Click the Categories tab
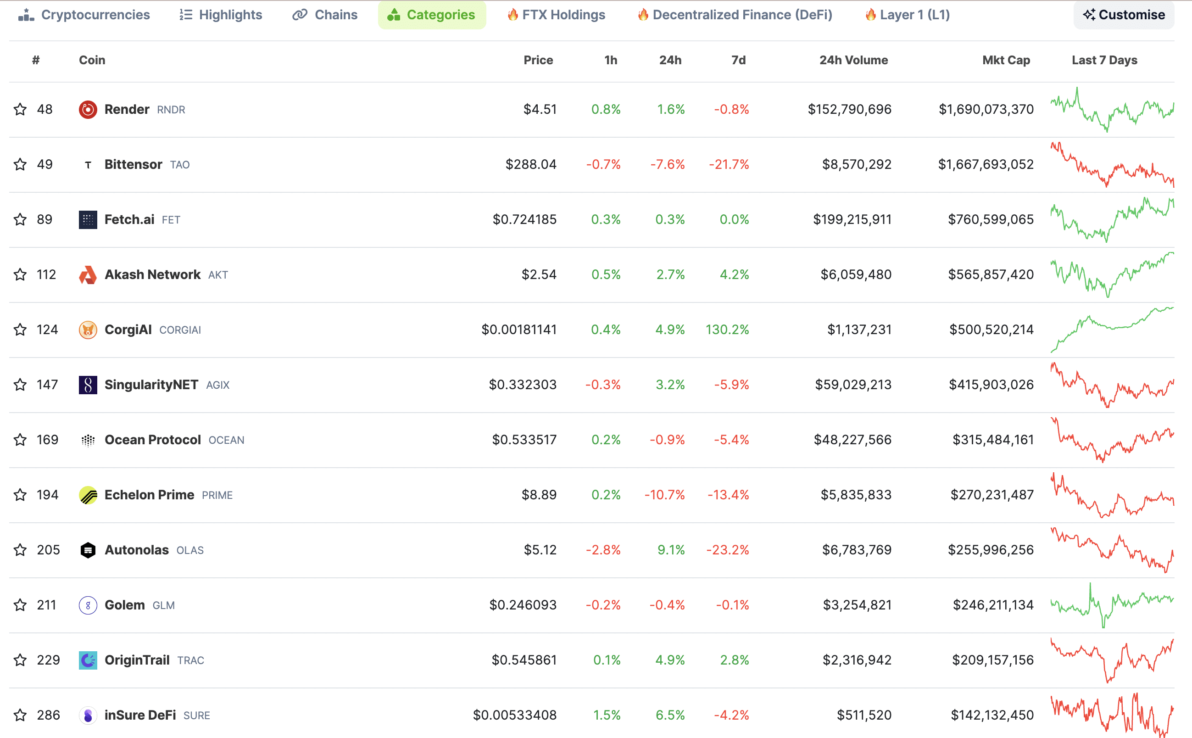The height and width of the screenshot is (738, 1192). pyautogui.click(x=431, y=15)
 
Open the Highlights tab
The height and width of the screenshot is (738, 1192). pyautogui.click(x=221, y=15)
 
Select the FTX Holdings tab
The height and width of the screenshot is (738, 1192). pyautogui.click(x=556, y=15)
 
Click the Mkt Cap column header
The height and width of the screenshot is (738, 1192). pyautogui.click(x=1006, y=60)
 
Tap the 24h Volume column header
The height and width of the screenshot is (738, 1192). pyautogui.click(x=853, y=60)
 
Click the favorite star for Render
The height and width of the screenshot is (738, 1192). pyautogui.click(x=20, y=109)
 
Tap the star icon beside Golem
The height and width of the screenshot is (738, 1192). pyautogui.click(x=20, y=605)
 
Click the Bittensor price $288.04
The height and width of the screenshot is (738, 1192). pyautogui.click(x=531, y=164)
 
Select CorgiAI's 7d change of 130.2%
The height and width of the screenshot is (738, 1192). pyautogui.click(x=727, y=330)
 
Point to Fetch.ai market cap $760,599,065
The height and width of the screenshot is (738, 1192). pyautogui.click(x=991, y=220)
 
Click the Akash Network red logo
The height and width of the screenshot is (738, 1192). pyautogui.click(x=88, y=275)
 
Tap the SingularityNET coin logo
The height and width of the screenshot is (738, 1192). pyautogui.click(x=88, y=385)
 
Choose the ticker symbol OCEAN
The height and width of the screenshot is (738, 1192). pyautogui.click(x=226, y=440)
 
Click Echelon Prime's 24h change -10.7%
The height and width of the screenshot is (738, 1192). pyautogui.click(x=664, y=495)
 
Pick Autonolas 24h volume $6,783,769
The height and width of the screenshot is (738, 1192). pyautogui.click(x=857, y=550)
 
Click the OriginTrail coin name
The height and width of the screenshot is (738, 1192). pyautogui.click(x=137, y=660)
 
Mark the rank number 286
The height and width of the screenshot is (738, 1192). pyautogui.click(x=48, y=715)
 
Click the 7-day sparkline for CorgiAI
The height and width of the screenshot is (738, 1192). pyautogui.click(x=1112, y=330)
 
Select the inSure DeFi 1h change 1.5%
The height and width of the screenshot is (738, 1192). pyautogui.click(x=607, y=715)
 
